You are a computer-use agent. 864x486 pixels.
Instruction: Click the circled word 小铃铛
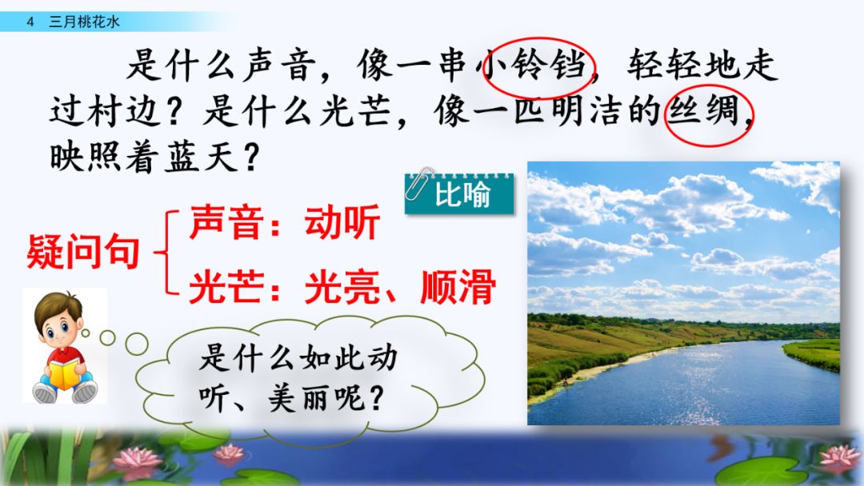point(537,66)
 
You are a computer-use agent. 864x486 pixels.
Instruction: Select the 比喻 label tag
point(462,195)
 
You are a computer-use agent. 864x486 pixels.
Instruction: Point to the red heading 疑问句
point(83,252)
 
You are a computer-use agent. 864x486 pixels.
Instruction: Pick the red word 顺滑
point(458,287)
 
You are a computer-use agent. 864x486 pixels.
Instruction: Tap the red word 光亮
point(342,287)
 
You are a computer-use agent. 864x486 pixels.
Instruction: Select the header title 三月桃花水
point(84,22)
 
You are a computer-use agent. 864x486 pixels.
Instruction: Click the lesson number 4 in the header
point(30,22)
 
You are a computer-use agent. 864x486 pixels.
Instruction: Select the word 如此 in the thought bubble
point(316,357)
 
